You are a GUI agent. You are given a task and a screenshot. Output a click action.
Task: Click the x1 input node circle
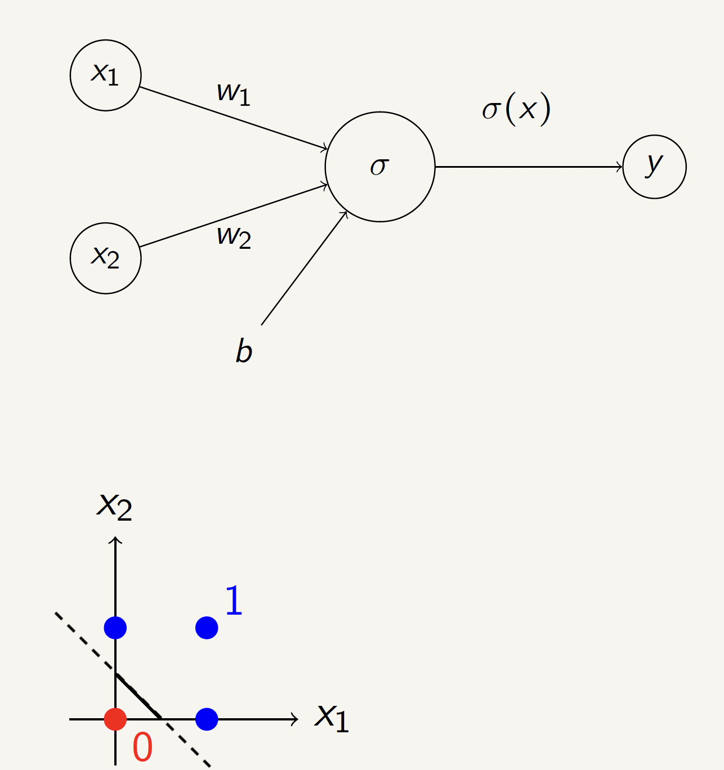tap(105, 75)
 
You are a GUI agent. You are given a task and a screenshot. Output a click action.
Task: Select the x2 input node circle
tap(105, 258)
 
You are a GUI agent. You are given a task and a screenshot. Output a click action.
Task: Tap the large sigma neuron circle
tap(380, 167)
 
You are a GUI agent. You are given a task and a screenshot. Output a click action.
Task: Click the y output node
tap(654, 167)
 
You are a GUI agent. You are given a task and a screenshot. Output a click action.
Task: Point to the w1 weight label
tap(233, 92)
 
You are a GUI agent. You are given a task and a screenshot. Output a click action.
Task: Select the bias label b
tap(244, 351)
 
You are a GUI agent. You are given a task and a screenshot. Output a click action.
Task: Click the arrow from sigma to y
tap(529, 167)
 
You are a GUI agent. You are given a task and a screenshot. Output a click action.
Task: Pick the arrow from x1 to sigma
tap(234, 118)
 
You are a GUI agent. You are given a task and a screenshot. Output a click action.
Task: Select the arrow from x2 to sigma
tap(234, 216)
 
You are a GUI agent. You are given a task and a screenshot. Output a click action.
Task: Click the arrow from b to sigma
tap(304, 268)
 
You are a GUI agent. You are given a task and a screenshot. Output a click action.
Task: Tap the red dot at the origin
tap(115, 719)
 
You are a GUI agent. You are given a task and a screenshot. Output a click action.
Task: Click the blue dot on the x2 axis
tap(115, 627)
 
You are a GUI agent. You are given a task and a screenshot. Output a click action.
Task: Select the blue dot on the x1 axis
tap(207, 719)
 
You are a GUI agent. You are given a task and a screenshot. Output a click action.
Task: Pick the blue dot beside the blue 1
tap(207, 627)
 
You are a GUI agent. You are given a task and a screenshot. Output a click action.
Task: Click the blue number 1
tap(234, 601)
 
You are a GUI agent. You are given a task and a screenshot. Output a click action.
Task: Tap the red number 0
tap(142, 747)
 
